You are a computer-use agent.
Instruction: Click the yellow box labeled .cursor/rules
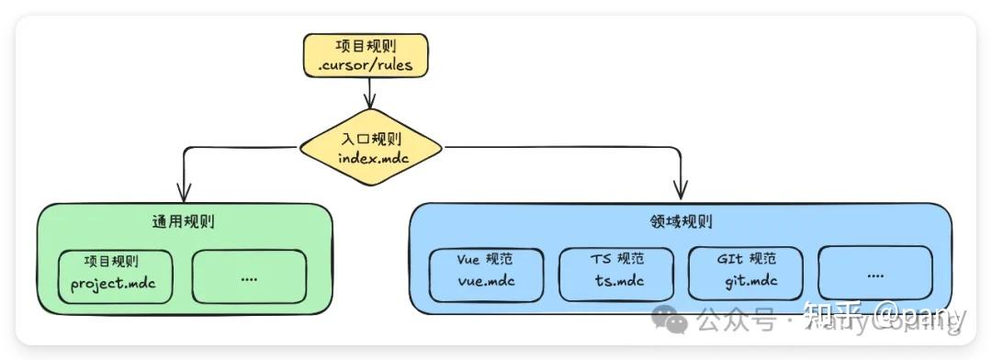tap(368, 55)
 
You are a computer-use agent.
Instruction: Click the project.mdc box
tap(113, 275)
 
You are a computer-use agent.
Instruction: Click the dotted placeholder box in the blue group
tap(874, 273)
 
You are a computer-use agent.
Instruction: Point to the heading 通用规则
tap(184, 222)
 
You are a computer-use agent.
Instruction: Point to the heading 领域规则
tap(681, 222)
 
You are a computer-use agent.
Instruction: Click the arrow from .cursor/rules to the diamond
tap(369, 92)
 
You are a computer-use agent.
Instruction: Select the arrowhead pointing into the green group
tap(184, 192)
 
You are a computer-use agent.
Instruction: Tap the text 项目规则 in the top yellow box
tap(368, 46)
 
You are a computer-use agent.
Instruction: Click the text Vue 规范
tap(486, 259)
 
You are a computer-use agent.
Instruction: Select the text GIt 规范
tap(746, 259)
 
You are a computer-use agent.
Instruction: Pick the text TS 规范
tap(617, 259)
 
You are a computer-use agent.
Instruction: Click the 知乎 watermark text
tap(831, 319)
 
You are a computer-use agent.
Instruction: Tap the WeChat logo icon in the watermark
tap(669, 321)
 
